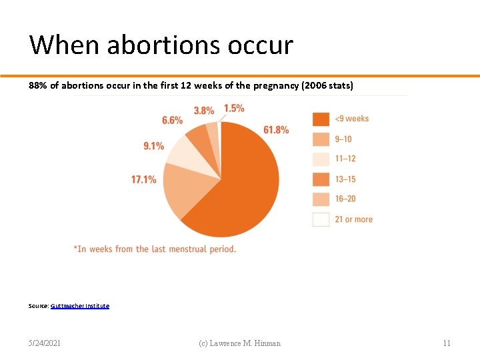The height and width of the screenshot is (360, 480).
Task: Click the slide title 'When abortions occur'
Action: point(161,45)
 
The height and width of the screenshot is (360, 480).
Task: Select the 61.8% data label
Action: point(276,130)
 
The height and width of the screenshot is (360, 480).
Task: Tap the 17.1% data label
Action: point(144,179)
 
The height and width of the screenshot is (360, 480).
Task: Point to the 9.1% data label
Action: point(153,146)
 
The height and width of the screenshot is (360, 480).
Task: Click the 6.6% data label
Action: point(172,120)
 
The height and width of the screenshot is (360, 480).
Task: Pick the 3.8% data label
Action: point(204,111)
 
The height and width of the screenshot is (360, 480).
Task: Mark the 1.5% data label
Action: point(234,108)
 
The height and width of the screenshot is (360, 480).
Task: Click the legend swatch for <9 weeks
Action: point(321,119)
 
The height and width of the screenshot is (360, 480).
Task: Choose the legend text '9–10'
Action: point(343,139)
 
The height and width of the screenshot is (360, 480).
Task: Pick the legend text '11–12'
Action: point(345,159)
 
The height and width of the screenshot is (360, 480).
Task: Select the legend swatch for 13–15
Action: point(321,179)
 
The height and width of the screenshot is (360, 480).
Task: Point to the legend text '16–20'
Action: point(345,199)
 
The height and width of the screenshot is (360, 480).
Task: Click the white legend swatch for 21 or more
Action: point(321,219)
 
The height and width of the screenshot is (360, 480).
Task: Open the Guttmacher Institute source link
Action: point(80,306)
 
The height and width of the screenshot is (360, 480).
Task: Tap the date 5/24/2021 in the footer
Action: point(45,343)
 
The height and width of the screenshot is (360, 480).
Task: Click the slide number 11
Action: point(447,343)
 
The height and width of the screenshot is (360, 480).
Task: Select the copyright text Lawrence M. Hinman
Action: point(239,343)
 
